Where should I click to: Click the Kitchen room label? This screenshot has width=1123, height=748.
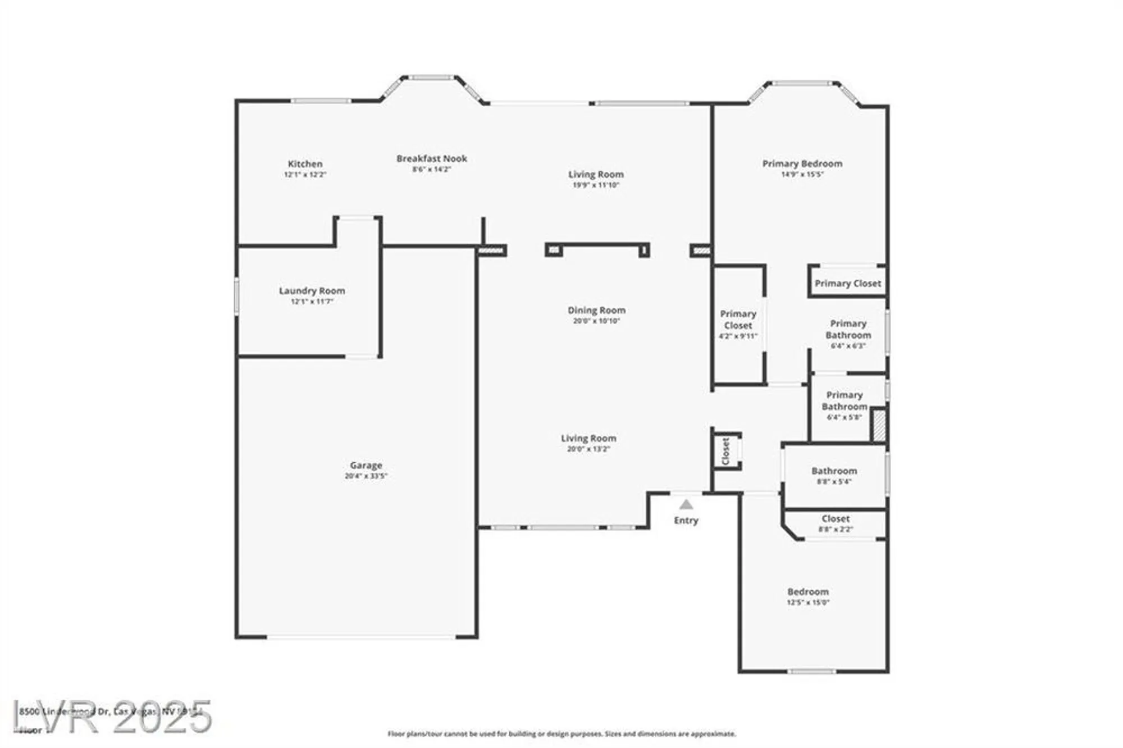click(305, 164)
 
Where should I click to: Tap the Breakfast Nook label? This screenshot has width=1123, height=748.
click(431, 159)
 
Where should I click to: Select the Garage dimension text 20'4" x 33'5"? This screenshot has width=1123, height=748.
click(366, 476)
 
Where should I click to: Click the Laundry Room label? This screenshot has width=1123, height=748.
click(312, 291)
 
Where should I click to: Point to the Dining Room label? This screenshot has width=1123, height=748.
click(596, 311)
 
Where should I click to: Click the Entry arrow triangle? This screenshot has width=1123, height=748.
click(686, 504)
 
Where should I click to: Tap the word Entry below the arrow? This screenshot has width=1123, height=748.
click(686, 521)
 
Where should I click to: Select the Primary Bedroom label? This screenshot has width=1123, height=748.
click(802, 164)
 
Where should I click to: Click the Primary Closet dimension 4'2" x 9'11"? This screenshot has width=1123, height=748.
click(738, 336)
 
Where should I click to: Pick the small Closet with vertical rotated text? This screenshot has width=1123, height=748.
click(725, 451)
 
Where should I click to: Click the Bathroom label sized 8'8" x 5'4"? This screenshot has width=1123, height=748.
click(834, 471)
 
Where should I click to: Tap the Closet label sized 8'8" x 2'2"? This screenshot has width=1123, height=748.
click(835, 519)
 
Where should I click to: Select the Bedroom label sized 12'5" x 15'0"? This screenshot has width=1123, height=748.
click(807, 592)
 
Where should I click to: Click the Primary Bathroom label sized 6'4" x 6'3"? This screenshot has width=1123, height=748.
click(848, 330)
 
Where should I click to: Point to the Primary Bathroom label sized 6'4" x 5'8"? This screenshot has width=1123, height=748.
click(844, 401)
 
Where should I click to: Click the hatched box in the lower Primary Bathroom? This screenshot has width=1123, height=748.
click(879, 425)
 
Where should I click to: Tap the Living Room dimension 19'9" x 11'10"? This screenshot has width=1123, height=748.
click(596, 185)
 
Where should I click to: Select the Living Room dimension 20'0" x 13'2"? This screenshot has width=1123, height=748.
click(588, 449)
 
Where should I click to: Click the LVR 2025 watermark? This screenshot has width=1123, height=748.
click(112, 717)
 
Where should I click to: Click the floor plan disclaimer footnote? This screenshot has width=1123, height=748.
click(561, 734)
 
